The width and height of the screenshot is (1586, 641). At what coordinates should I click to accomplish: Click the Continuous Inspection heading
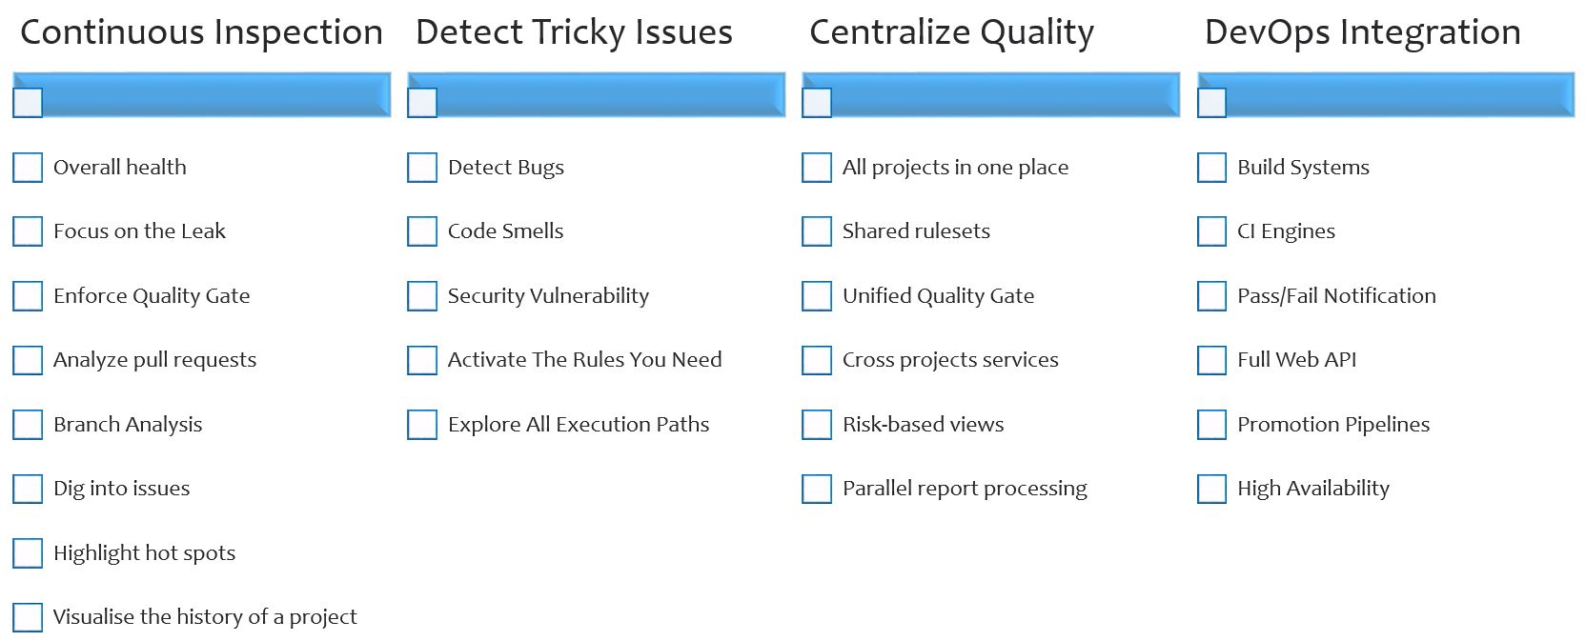202,32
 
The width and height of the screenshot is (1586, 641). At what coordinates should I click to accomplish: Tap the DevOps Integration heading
1363,32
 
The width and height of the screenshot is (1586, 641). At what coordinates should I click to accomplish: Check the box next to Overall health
28,168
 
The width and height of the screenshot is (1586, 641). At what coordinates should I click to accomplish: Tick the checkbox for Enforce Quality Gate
28,296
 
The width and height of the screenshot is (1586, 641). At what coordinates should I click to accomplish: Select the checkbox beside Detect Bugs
422,168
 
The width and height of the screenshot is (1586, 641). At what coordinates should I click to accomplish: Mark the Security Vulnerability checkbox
422,296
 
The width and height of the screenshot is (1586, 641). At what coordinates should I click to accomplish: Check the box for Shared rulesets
817,231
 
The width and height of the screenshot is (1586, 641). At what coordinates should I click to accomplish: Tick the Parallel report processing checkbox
817,489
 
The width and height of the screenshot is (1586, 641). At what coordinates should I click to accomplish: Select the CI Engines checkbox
1211,231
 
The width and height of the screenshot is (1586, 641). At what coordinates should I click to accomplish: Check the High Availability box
1211,489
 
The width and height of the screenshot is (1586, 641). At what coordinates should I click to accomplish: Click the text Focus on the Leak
139,230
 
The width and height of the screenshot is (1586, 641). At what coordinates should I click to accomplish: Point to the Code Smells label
505,230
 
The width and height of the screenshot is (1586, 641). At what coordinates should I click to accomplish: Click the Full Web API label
1296,359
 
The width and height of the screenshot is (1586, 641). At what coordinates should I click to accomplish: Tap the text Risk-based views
924,424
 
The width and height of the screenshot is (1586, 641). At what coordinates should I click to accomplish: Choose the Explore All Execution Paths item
579,424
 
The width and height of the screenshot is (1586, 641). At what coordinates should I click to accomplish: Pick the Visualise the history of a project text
205,617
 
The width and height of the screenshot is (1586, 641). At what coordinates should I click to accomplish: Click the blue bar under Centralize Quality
990,94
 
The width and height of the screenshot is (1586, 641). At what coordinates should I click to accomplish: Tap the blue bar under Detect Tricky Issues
596,94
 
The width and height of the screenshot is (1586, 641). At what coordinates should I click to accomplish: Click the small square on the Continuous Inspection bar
28,103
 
